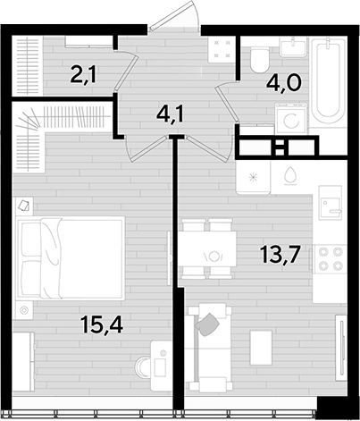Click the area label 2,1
[83, 76]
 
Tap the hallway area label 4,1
[171, 114]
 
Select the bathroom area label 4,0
[284, 82]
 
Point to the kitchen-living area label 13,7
[279, 255]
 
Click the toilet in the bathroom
[259, 61]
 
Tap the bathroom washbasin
[292, 46]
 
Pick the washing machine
[290, 119]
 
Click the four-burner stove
[329, 257]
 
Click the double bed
[71, 257]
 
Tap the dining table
[207, 248]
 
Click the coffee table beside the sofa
[261, 348]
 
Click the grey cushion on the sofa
[207, 324]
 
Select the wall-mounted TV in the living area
[341, 348]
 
